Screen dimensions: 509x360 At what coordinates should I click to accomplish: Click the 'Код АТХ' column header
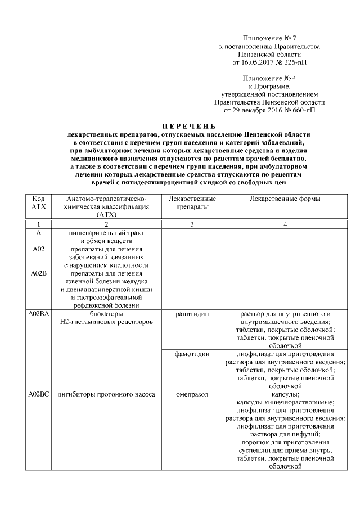coord(38,203)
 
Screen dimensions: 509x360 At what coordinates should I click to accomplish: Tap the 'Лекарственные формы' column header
coord(285,199)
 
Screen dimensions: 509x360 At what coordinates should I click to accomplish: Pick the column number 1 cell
coord(38,224)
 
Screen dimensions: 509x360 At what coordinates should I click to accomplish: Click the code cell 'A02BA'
coord(38,314)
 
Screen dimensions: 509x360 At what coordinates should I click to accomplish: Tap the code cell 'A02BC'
coord(39,395)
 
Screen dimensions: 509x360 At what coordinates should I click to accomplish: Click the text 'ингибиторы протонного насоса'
coord(106,395)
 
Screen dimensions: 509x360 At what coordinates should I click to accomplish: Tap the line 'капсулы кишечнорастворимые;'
coord(285,403)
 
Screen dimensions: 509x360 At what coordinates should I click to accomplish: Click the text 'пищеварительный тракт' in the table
coord(106,232)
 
